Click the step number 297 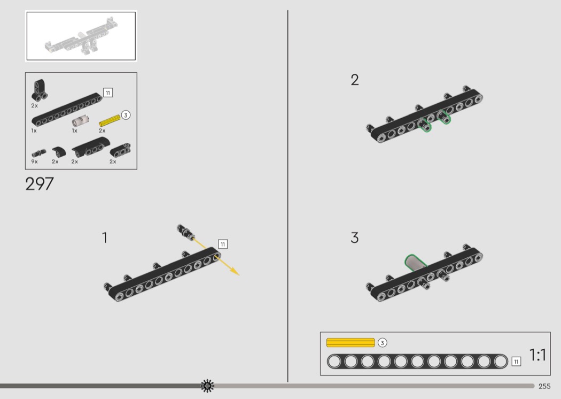point(40,184)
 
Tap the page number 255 point(544,386)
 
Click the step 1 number point(105,238)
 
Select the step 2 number point(355,80)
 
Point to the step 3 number point(355,238)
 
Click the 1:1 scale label point(537,355)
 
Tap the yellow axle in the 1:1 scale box point(350,343)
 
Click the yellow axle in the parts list point(110,120)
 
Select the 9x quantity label point(34,162)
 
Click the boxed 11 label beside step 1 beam point(223,244)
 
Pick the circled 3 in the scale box point(382,343)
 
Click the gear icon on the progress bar point(207,386)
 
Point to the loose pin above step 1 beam point(186,232)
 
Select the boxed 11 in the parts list point(108,93)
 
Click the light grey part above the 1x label point(81,121)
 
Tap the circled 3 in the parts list point(126,115)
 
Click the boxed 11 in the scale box point(516,362)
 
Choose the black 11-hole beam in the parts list point(67,110)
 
